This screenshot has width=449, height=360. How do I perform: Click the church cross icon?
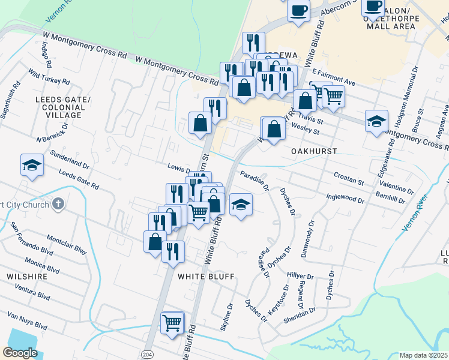[x=58, y=204]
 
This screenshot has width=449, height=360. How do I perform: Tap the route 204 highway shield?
[x=147, y=355]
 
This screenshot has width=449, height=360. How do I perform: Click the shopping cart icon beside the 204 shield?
[x=172, y=323]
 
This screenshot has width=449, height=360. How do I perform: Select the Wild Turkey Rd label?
[x=49, y=77]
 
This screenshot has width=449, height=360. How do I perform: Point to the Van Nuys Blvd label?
[x=27, y=321]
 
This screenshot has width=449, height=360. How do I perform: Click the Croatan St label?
[x=349, y=178]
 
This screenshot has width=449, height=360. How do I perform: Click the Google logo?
[x=20, y=352]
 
